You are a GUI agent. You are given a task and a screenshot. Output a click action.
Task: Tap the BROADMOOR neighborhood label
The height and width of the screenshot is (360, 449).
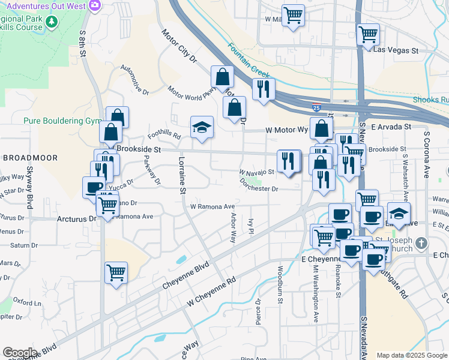pyautogui.click(x=29, y=158)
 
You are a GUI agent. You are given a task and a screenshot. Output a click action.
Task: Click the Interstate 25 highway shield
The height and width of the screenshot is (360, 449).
pyautogui.click(x=324, y=109)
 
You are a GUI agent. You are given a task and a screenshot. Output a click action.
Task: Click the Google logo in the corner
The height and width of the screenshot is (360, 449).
pyautogui.click(x=20, y=352)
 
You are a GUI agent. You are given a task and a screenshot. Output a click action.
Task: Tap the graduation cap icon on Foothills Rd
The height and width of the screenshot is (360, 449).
pyautogui.click(x=202, y=127)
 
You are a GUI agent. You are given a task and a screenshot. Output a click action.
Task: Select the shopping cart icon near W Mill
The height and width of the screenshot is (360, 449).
pyautogui.click(x=293, y=16)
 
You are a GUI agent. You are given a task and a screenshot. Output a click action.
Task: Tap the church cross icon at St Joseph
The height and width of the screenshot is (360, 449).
pyautogui.click(x=421, y=243)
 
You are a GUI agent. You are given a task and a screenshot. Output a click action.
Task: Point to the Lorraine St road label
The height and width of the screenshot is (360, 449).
pyautogui.click(x=181, y=175)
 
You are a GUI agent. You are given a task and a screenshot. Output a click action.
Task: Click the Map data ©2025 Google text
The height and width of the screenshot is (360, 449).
pyautogui.click(x=412, y=355)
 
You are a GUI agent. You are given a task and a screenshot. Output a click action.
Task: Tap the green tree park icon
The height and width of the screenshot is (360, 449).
pyautogui.click(x=52, y=22)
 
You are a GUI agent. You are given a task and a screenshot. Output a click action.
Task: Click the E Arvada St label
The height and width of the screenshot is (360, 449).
pyautogui.click(x=390, y=127)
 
